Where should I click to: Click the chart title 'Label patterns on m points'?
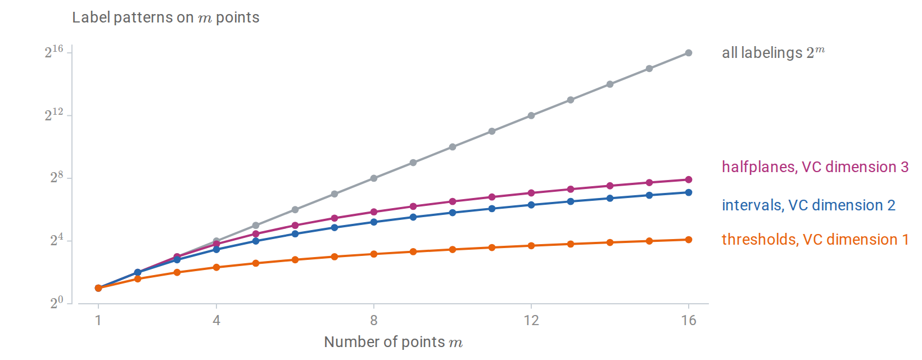165,17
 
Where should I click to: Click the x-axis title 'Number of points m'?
393,342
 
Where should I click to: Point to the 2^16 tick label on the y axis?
54,52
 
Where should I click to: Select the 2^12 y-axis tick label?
54,115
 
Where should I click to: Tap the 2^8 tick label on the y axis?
57,177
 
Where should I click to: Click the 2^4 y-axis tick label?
57,240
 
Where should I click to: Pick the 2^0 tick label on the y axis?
57,303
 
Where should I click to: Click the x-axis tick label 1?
98,320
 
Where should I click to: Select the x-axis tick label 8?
374,320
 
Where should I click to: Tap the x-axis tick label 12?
531,320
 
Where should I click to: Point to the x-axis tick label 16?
689,320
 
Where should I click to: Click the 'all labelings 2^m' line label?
774,52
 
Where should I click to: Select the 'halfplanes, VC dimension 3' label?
815,167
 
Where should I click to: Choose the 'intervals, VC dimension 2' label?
808,205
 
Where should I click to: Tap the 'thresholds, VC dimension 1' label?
815,239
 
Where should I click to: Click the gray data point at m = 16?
689,53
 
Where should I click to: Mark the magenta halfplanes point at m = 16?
689,179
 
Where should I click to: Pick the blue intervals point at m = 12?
531,205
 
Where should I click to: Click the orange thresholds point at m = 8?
374,254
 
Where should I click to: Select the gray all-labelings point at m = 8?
374,178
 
